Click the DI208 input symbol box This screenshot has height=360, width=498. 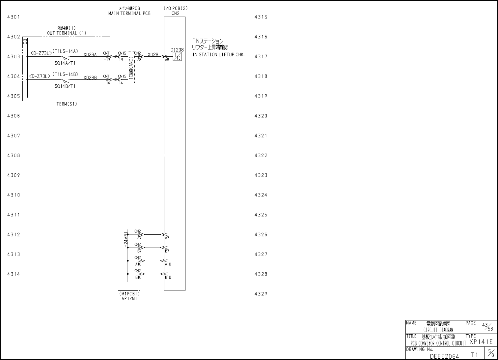[177, 56]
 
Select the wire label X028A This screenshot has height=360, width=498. [90, 55]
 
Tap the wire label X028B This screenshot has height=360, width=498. [90, 78]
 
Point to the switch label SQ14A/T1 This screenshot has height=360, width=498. [65, 63]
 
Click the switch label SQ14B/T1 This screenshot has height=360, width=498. [65, 86]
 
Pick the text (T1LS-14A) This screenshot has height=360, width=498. [65, 51]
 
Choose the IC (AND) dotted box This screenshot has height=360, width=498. [131, 67]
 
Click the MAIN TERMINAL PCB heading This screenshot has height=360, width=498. [129, 14]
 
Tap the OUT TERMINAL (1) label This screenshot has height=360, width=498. [67, 33]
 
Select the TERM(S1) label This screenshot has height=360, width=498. [67, 104]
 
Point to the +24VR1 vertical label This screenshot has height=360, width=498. [125, 239]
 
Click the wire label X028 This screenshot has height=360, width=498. [153, 54]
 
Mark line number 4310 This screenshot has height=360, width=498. [14, 195]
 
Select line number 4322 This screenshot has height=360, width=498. [261, 155]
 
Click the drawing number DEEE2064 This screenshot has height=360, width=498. [444, 356]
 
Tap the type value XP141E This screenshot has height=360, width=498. [481, 342]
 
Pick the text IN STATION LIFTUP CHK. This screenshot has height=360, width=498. [219, 55]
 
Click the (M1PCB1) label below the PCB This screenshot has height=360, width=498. [129, 294]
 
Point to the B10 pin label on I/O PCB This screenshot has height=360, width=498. [168, 277]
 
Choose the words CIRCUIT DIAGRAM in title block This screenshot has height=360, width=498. [438, 330]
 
